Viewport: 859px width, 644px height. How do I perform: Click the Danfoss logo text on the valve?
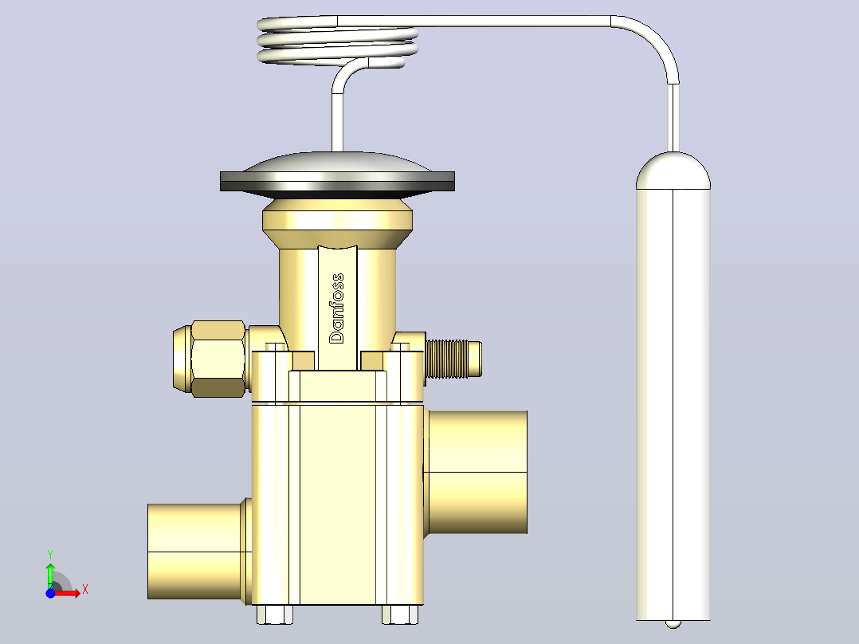point(337,308)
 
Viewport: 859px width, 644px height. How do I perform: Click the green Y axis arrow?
point(50,575)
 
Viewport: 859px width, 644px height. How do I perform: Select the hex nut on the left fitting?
point(218,359)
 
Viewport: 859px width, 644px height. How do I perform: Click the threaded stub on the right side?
point(453,359)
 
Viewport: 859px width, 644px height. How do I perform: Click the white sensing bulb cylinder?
point(673,405)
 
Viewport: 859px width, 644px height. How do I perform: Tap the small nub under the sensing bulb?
point(673,624)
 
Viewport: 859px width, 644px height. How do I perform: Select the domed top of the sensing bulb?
point(673,171)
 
